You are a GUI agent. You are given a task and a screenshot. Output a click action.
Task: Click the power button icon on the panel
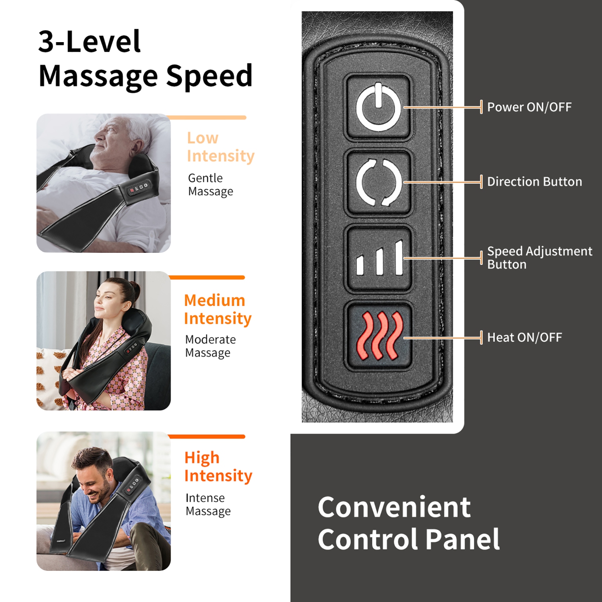coord(378,107)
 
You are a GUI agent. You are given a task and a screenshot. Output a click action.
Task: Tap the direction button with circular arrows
coord(378,182)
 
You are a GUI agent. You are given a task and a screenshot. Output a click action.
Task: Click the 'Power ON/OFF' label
coord(529,107)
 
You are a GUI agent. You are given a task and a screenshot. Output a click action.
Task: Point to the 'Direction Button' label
coord(534,182)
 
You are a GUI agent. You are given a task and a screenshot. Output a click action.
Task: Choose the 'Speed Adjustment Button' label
coord(539,258)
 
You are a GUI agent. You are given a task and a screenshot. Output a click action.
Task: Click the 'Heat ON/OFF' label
coord(524,338)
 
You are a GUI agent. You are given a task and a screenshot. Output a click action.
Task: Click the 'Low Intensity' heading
coord(220,147)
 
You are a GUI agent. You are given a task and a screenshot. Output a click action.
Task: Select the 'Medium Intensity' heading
coord(218,309)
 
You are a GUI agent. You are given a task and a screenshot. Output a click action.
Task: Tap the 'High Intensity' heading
coord(218,466)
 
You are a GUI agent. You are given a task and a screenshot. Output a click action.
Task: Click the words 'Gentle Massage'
coord(210,185)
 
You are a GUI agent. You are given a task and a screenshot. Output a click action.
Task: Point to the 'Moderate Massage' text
coord(210,346)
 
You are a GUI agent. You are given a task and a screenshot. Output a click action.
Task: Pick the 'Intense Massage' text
coord(208,504)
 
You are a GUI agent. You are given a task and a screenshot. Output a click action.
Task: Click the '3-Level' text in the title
coord(89,41)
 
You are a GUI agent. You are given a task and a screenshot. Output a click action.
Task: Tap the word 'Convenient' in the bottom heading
coord(394,507)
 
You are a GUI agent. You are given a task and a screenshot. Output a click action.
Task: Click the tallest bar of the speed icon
coord(399,258)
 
